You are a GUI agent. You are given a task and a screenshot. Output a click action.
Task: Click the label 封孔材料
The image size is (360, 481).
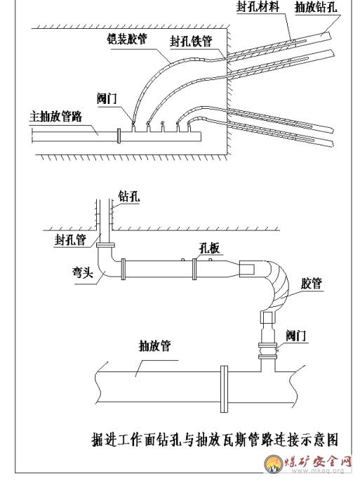(258, 7)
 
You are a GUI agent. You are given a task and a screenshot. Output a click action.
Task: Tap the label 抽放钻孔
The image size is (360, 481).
(316, 7)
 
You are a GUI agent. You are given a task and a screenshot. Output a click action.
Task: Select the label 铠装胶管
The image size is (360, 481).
(126, 39)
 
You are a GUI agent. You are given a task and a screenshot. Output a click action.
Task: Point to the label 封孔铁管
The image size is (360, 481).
(191, 41)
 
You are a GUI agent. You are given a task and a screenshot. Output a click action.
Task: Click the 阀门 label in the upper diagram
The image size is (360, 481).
(107, 99)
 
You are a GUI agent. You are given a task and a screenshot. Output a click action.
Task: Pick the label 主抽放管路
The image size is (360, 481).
(56, 117)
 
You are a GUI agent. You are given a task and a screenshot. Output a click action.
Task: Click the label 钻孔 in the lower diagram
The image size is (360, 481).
(129, 197)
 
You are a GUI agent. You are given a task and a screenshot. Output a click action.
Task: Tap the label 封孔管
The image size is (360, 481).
(71, 239)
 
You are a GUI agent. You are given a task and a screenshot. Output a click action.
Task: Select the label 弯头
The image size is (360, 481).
(83, 272)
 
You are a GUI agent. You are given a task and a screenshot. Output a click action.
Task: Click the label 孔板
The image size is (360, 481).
(210, 248)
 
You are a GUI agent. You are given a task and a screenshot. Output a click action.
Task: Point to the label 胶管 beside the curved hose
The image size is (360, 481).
(312, 284)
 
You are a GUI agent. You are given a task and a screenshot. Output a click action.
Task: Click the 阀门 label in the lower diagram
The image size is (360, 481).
(296, 336)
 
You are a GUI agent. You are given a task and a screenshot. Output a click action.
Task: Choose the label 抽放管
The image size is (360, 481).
(155, 346)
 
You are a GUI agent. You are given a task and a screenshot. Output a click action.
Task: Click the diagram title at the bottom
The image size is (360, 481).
(215, 440)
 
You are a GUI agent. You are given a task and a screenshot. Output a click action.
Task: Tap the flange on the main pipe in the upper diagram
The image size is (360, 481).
(119, 136)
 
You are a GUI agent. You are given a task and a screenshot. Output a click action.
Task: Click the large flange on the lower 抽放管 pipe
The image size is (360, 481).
(225, 389)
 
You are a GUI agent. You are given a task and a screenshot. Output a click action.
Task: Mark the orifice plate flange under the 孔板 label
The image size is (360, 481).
(194, 269)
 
